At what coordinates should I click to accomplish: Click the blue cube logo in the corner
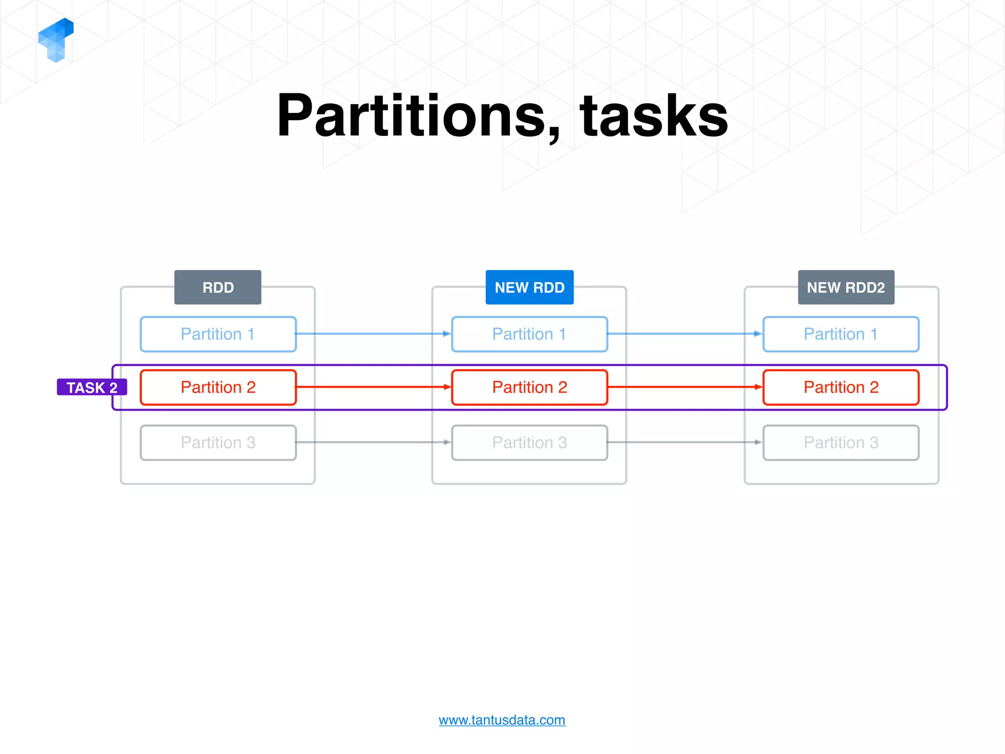(55, 40)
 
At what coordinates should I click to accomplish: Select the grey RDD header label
(218, 287)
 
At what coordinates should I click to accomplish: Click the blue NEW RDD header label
(529, 287)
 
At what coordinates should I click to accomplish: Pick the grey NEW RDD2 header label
(846, 287)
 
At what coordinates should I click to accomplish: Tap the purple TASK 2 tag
(92, 387)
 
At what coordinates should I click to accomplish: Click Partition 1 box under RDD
(218, 334)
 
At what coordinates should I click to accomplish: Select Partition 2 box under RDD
(218, 387)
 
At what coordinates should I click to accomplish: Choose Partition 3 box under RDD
(218, 443)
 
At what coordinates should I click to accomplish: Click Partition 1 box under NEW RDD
(529, 334)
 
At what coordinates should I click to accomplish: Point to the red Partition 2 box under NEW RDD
(529, 387)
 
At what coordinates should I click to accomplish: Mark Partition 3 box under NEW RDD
(529, 443)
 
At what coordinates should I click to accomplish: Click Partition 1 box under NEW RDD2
(841, 334)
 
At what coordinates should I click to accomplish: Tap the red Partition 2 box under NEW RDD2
(841, 387)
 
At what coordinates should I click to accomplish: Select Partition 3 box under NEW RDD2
(841, 443)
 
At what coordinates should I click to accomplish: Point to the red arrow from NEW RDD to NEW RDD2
(685, 387)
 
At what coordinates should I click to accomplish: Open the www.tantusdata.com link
(502, 720)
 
